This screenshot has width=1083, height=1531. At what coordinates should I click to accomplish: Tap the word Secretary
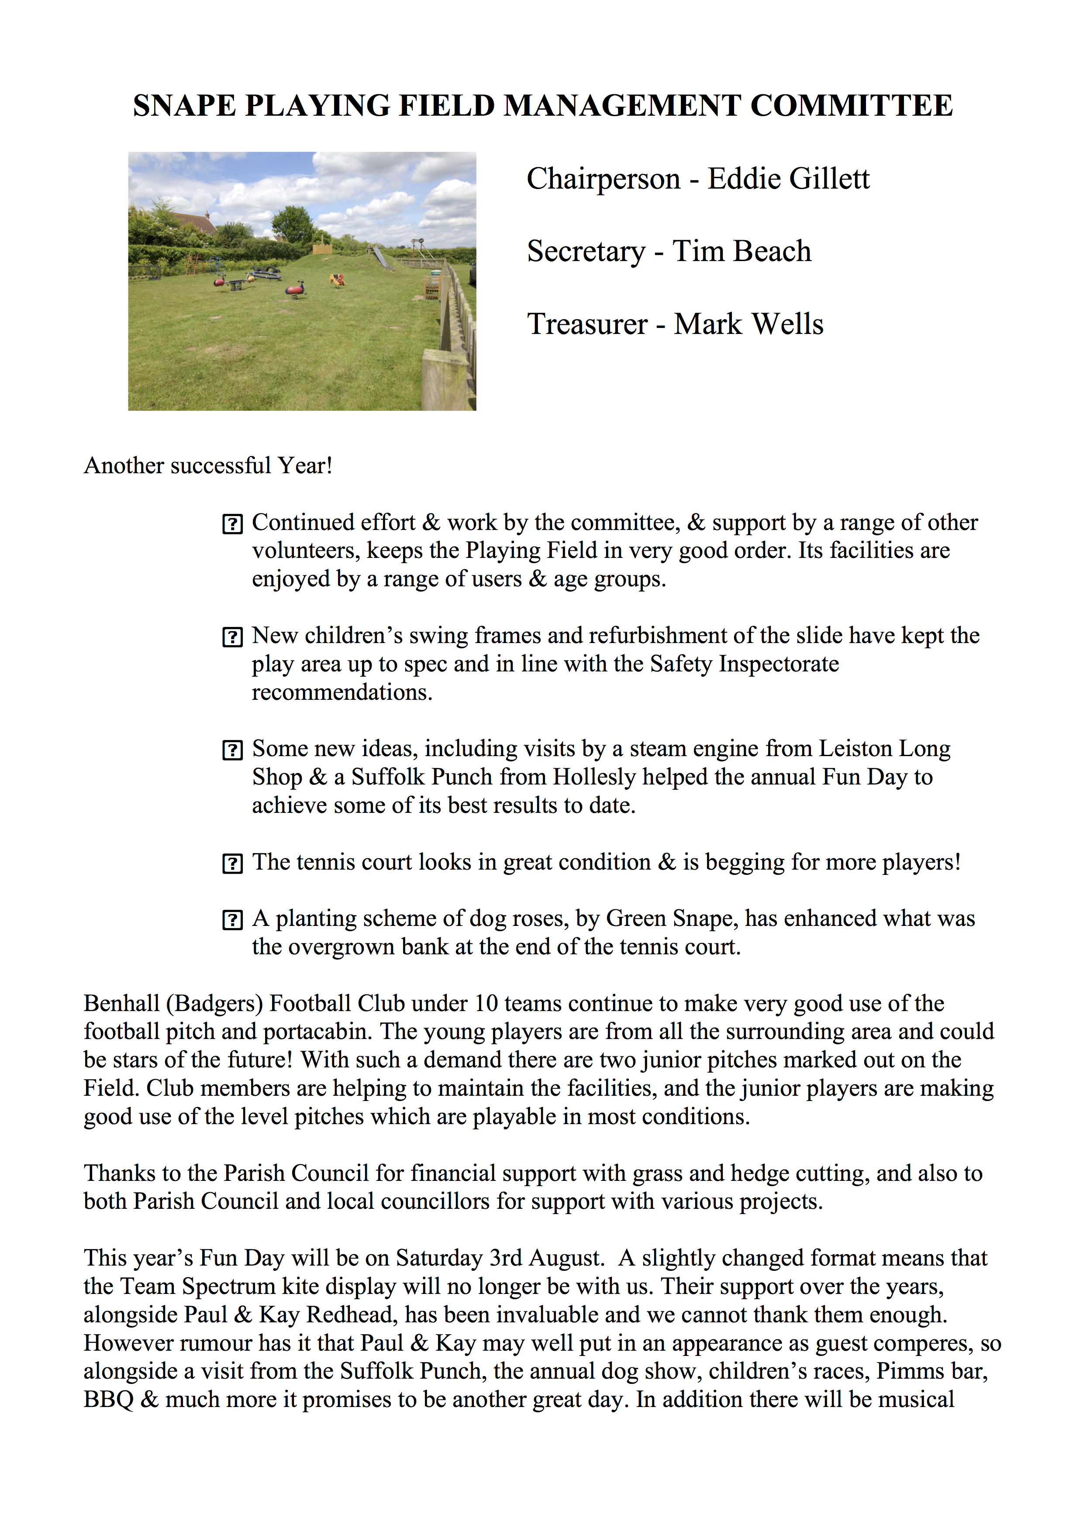coord(586,251)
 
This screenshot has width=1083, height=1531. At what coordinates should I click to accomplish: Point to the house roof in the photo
coord(193,221)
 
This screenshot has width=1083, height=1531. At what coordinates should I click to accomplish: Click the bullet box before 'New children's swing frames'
coord(232,637)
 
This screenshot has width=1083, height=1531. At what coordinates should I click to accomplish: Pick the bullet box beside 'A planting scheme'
coord(232,921)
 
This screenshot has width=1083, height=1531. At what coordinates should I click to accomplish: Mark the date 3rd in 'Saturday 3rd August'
coord(506,1258)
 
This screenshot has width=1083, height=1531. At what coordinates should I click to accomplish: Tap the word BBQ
coord(108,1400)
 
